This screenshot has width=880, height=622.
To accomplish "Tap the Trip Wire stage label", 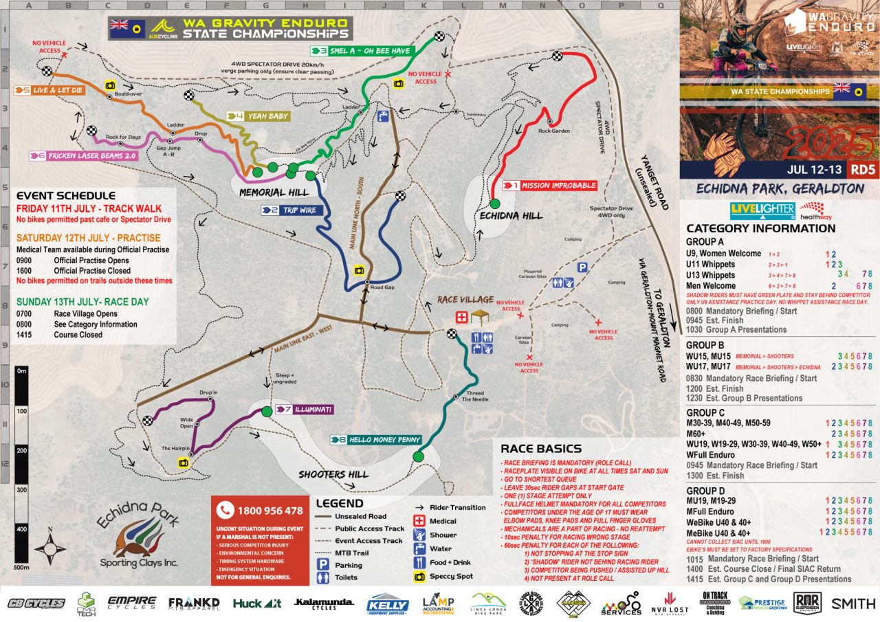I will pyautogui.click(x=297, y=210).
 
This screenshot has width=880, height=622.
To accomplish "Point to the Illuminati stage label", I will pyautogui.click(x=313, y=410).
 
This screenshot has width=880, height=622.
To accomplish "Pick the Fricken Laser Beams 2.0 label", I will pyautogui.click(x=93, y=156).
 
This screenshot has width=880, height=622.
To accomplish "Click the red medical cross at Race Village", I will pyautogui.click(x=463, y=317).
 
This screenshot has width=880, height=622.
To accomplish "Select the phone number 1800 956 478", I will pyautogui.click(x=270, y=511).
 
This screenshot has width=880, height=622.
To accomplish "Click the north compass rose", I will pyautogui.click(x=49, y=549).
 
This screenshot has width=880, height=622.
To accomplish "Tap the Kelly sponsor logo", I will pyautogui.click(x=389, y=604).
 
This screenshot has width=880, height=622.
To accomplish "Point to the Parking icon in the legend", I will pyautogui.click(x=321, y=566).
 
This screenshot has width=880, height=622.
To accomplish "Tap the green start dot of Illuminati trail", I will pyautogui.click(x=267, y=412).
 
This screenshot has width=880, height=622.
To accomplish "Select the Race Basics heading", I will pyautogui.click(x=541, y=449).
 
